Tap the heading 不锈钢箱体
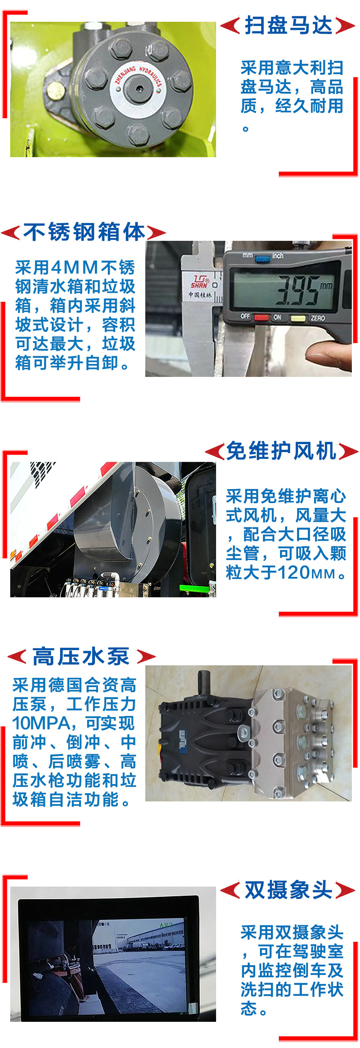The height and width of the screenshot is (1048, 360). coord(84,232)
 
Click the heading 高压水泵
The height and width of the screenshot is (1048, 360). coord(81,656)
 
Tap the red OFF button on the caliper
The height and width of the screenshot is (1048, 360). coord(261,317)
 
